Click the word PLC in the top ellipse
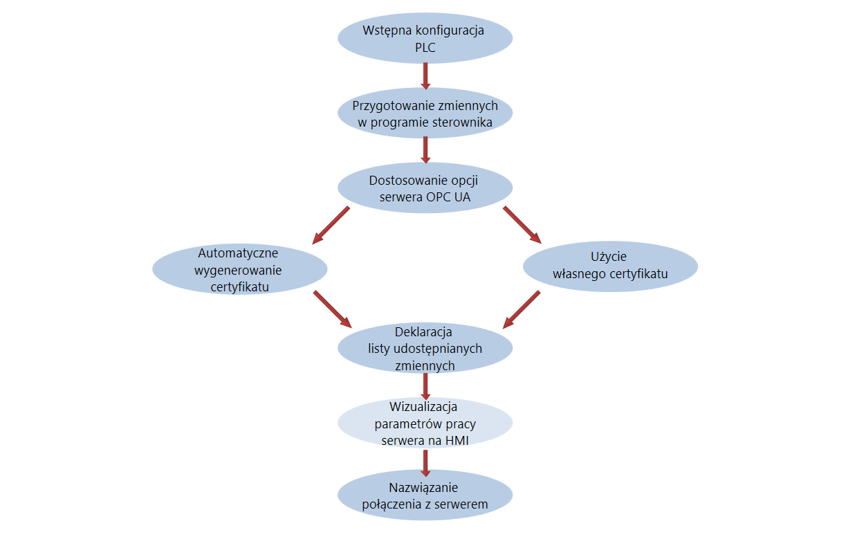425,48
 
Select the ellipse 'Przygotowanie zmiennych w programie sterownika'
425,113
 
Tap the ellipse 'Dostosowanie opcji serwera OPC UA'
425,188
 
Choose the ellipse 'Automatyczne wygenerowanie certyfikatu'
240,270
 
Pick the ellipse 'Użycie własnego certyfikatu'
610,266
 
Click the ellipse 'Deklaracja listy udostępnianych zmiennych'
425,348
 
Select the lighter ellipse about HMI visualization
425,423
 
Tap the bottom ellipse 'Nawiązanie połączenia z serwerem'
425,495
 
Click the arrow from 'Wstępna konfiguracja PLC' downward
425,76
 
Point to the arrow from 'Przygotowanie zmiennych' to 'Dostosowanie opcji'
425,150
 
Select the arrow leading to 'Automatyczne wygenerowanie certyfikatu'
331,226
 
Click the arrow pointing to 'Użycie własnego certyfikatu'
522,225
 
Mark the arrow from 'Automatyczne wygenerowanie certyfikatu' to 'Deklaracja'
333,309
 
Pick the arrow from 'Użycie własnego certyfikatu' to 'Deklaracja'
522,310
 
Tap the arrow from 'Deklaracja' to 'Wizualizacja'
425,387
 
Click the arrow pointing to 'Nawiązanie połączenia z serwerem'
425,463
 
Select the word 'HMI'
457,440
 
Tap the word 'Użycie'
609,257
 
